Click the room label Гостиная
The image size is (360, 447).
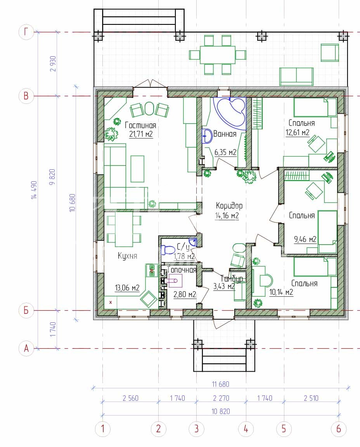(x=140, y=125)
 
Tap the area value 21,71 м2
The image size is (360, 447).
(x=141, y=134)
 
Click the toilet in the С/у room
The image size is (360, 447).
(x=168, y=250)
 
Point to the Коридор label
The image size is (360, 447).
(x=229, y=205)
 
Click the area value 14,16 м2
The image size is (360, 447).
(x=227, y=216)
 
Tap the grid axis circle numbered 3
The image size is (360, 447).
(x=197, y=429)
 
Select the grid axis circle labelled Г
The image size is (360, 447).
(x=26, y=32)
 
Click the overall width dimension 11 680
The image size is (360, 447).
(x=220, y=384)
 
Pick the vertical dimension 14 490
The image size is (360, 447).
(x=34, y=190)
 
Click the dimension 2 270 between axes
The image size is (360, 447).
(x=221, y=398)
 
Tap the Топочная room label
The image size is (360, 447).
(x=182, y=270)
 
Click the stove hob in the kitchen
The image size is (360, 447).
(x=152, y=271)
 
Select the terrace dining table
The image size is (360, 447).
(x=218, y=55)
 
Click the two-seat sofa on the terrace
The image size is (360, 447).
(x=296, y=77)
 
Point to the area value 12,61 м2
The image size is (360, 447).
(x=298, y=132)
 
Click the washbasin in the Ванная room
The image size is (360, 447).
(x=207, y=136)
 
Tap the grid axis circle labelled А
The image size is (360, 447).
(x=26, y=348)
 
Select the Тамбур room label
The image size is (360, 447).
(x=232, y=278)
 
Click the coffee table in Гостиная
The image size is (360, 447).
(x=137, y=169)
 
